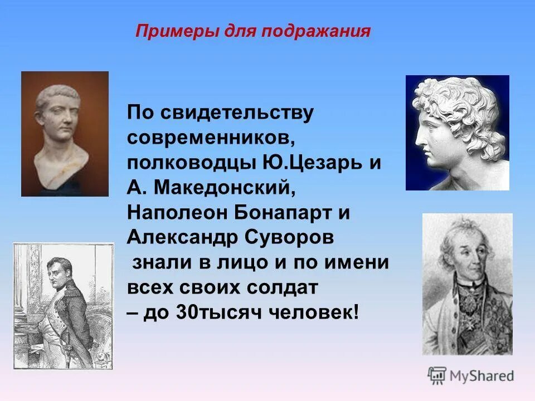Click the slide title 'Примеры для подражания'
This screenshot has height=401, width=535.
coord(252,30)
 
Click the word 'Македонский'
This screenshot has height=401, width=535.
coord(223,188)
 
